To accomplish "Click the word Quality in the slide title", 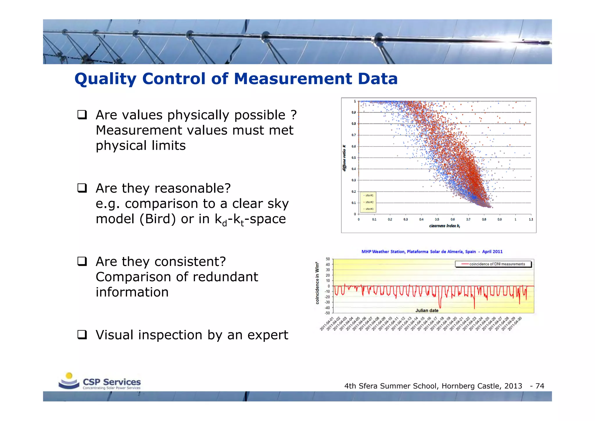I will tap(105, 79).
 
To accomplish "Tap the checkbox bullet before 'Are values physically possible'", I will tap(82, 115).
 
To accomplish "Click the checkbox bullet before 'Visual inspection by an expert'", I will tap(82, 335).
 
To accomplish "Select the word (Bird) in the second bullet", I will tap(157, 219).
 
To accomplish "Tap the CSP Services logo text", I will tap(112, 382).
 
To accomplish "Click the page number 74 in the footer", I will tap(540, 386).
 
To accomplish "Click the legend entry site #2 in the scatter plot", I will tap(369, 202).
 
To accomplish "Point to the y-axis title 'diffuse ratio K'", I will tap(345, 158).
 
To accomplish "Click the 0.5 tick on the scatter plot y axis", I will tap(354, 158).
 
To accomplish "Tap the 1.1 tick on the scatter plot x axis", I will tap(531, 220).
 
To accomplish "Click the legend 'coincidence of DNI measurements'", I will tap(497, 264).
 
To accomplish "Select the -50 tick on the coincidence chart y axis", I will tap(327, 313).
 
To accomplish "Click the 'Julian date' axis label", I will tap(427, 311).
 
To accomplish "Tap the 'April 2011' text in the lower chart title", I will tap(492, 252).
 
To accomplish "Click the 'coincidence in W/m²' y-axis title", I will tap(317, 283).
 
